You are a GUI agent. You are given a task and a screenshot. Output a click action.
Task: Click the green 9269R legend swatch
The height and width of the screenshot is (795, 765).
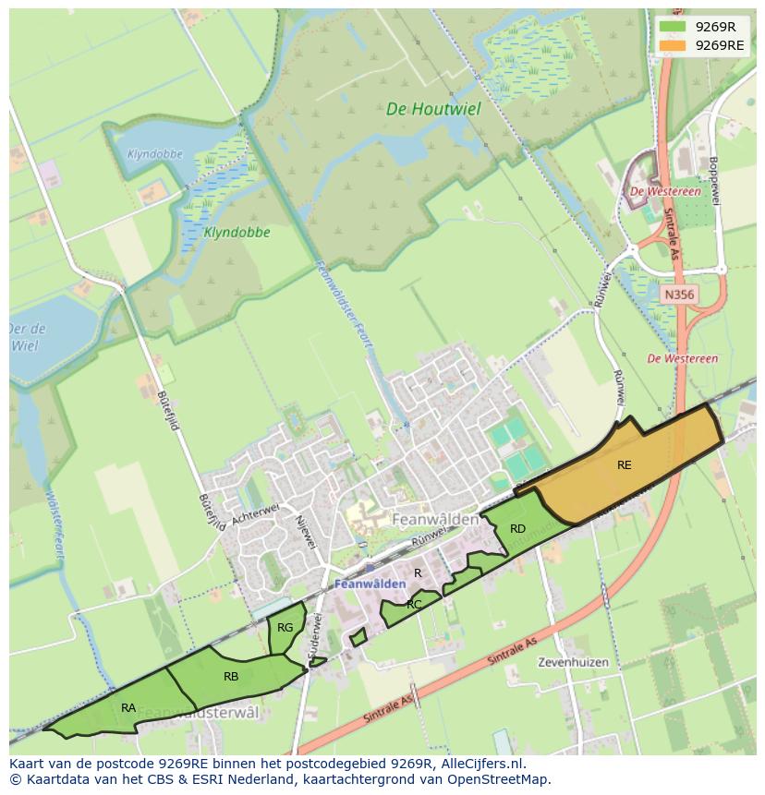tap(674, 27)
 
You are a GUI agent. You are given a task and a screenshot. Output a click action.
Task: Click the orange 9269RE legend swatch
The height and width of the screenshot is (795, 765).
tap(674, 44)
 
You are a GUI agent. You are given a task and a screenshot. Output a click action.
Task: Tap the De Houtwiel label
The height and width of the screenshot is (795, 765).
tap(433, 109)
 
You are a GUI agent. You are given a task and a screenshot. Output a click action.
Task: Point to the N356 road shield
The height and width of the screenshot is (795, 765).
tap(679, 295)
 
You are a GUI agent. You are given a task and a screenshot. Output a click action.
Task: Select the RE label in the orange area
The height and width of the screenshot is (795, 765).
tap(625, 465)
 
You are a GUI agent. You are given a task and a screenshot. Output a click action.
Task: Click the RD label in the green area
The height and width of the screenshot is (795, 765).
tap(517, 529)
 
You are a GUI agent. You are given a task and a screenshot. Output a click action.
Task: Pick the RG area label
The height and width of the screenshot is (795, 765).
tap(285, 628)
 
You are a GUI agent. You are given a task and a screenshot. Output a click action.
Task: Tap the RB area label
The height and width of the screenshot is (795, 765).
tap(231, 677)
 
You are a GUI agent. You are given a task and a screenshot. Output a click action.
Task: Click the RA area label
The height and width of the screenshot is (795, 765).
tap(128, 708)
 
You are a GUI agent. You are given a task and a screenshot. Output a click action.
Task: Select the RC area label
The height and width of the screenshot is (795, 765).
tap(414, 605)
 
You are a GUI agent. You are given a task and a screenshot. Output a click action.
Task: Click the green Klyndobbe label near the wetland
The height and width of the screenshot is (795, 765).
tap(237, 233)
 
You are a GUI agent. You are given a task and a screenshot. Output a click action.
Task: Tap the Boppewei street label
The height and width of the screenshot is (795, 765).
tap(712, 180)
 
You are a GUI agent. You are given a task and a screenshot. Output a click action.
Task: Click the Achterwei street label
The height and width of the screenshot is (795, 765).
tap(255, 514)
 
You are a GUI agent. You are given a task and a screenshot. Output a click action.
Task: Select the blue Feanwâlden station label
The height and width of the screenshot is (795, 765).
tap(370, 584)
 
